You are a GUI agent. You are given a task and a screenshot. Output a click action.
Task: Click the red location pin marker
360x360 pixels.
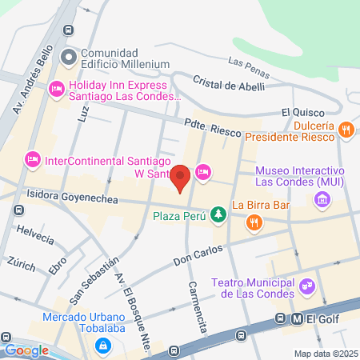(181, 178)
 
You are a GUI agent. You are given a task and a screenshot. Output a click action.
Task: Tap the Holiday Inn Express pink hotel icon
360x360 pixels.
(56, 88)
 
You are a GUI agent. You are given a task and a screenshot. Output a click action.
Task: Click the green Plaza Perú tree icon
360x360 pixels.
(217, 214)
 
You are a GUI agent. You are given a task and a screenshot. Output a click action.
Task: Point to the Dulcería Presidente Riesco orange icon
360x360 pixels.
(346, 128)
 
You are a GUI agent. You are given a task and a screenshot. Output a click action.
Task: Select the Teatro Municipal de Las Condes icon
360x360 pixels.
(305, 286)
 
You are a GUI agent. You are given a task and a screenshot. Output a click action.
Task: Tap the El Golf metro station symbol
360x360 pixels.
(297, 318)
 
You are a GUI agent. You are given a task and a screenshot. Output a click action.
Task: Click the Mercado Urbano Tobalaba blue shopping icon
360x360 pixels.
(102, 345)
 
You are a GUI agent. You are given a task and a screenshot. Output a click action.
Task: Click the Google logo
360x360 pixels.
(26, 350)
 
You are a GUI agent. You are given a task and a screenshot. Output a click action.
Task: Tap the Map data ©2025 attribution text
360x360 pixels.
(325, 354)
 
